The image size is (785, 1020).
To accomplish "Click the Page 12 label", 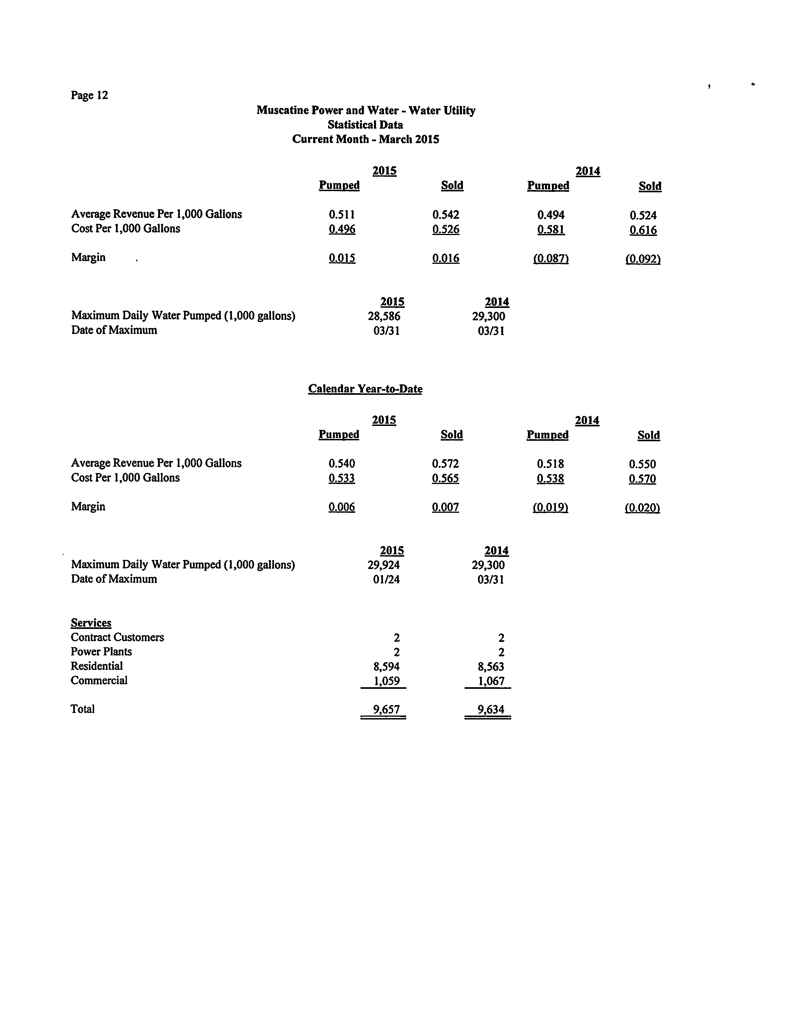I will [x=89, y=95].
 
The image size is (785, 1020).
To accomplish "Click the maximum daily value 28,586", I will [x=384, y=316].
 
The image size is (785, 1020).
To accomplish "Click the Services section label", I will [x=91, y=623].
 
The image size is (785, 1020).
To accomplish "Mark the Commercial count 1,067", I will [x=491, y=681].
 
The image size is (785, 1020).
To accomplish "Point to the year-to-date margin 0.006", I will [x=342, y=507].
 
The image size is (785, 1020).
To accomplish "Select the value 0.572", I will [x=445, y=464].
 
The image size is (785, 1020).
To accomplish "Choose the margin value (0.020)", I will [x=642, y=508].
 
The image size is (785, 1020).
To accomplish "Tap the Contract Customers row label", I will [x=117, y=637].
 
